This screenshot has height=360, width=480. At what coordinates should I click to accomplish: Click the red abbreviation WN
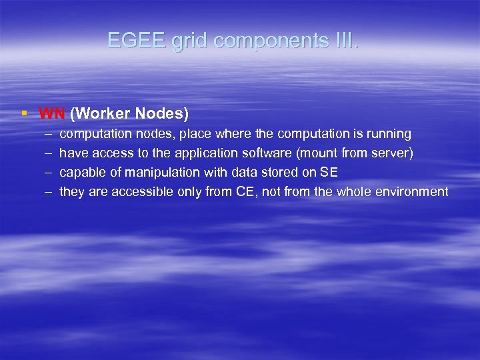(x=52, y=113)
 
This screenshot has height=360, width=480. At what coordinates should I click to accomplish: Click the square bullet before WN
(x=24, y=113)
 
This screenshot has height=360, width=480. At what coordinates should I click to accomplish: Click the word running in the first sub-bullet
(x=389, y=134)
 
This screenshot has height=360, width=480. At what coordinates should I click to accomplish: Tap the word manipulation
(x=163, y=173)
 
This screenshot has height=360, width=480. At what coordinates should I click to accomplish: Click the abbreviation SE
(x=329, y=173)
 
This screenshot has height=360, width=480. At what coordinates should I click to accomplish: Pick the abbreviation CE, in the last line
(x=244, y=192)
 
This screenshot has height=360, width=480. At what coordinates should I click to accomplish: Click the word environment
(x=411, y=192)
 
